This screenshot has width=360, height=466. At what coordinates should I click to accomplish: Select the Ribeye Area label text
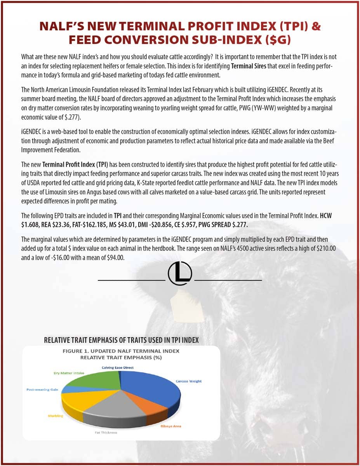(x=171, y=426)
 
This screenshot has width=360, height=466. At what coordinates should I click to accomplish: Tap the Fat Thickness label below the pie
(x=106, y=433)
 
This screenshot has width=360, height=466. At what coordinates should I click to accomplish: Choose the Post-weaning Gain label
(x=42, y=389)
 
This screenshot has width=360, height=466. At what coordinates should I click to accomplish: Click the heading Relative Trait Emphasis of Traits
(x=121, y=340)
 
